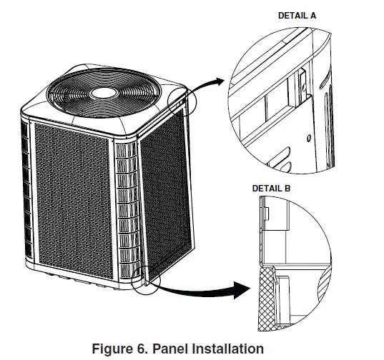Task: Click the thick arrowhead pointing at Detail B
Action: point(243,288)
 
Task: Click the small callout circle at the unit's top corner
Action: point(182,100)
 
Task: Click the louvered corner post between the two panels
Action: point(126,214)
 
